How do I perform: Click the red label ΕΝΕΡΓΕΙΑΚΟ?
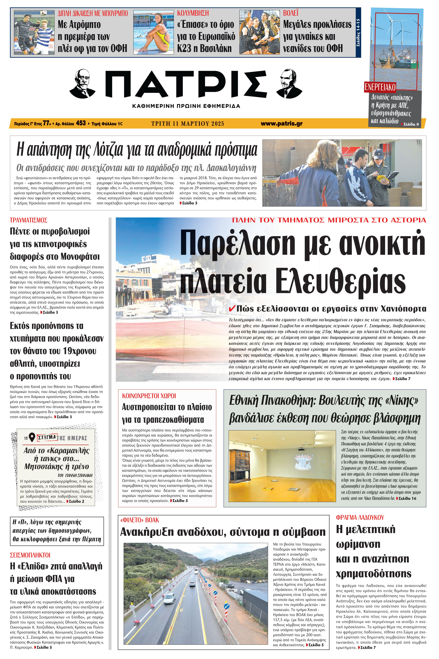pyautogui.click(x=380, y=87)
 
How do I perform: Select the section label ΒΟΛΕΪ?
pyautogui.click(x=291, y=13)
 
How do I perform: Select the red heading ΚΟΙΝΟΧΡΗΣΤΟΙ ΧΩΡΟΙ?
pyautogui.click(x=149, y=396)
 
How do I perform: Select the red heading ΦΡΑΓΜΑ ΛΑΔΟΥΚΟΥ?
pyautogui.click(x=360, y=517)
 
